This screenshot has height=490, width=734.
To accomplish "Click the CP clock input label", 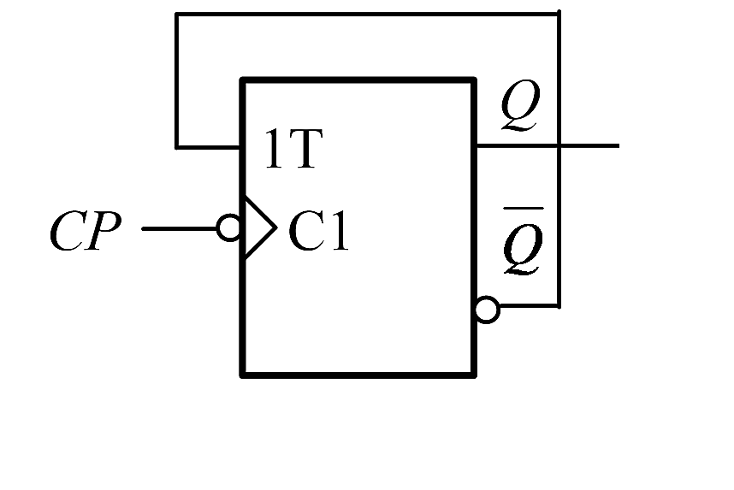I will click(85, 232).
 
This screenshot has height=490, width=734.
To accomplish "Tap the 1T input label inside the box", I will click(292, 151).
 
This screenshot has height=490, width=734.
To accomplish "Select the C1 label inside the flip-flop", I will click(318, 232).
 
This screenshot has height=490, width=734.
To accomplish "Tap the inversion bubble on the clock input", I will click(229, 228).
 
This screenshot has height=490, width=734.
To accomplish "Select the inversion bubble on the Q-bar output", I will click(486, 310).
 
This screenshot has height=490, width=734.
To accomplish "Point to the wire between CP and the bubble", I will click(180, 228).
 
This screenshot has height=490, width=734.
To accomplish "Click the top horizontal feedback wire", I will click(368, 15).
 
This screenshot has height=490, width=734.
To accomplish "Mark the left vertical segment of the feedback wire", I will click(176, 81).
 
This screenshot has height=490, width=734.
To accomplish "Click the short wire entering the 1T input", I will click(209, 147).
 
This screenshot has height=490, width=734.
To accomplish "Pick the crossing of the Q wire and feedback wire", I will click(559, 146).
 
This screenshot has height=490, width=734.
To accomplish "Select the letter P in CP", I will click(101, 232).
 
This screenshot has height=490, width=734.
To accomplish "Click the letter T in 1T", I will click(305, 151).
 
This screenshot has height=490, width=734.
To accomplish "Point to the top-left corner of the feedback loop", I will click(176, 15).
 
